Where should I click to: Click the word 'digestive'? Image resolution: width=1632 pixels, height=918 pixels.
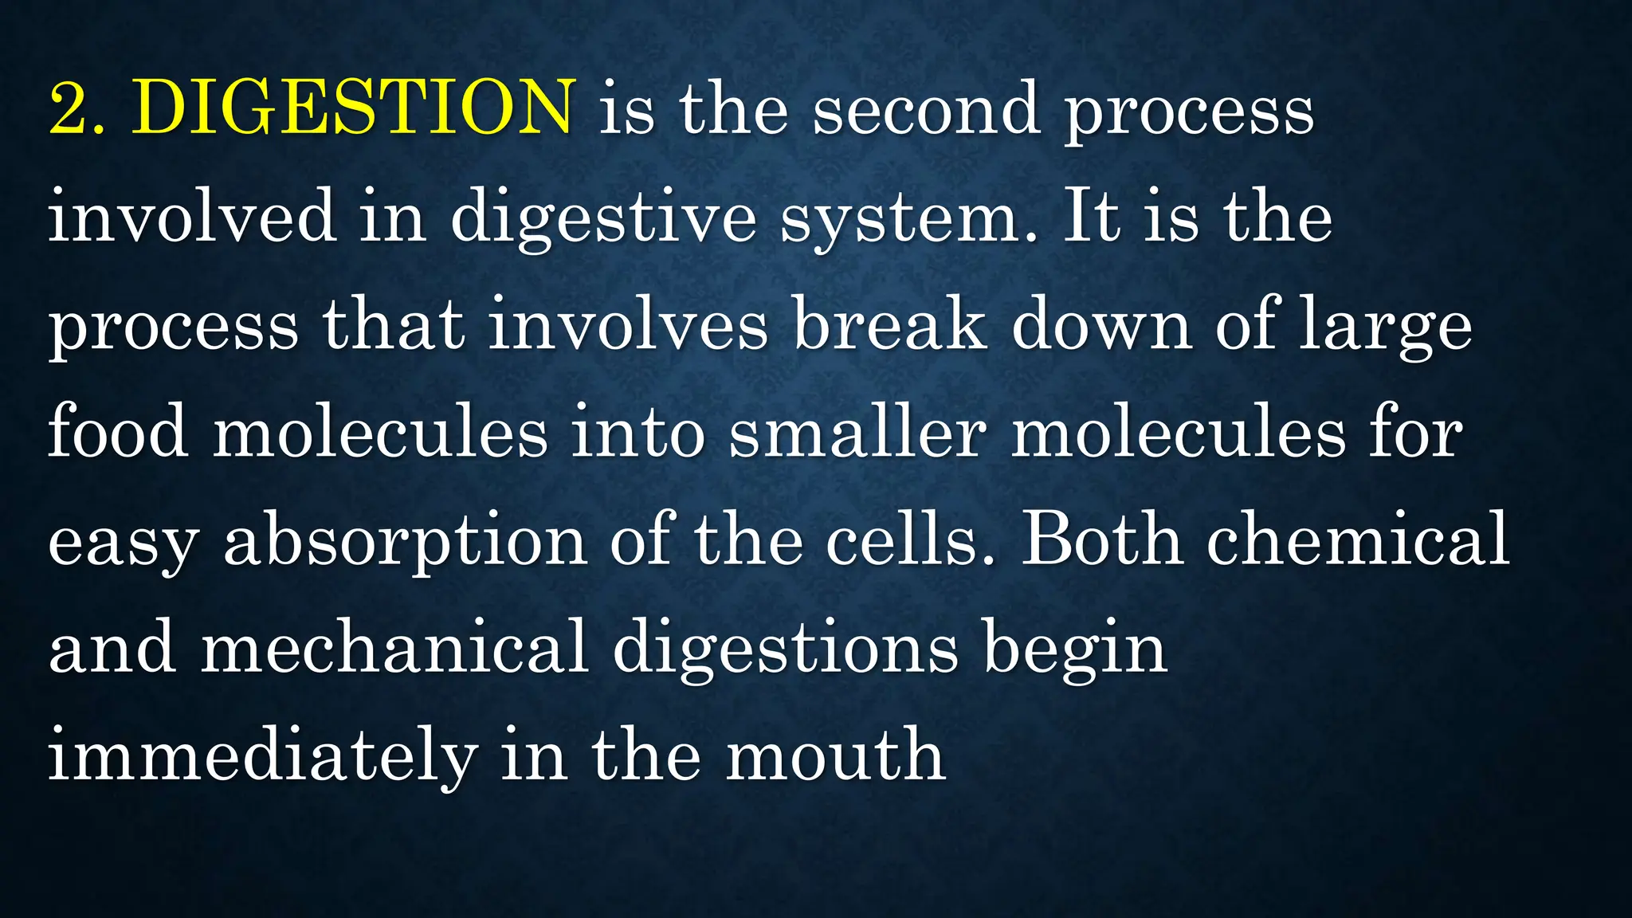pyautogui.click(x=603, y=219)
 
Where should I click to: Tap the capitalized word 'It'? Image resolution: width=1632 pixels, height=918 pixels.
pyautogui.click(x=1091, y=216)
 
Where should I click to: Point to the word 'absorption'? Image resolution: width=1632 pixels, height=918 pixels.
pyautogui.click(x=406, y=543)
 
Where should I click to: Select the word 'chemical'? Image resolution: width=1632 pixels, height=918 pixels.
pyautogui.click(x=1358, y=539)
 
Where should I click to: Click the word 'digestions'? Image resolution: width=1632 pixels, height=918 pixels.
pyautogui.click(x=785, y=649)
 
